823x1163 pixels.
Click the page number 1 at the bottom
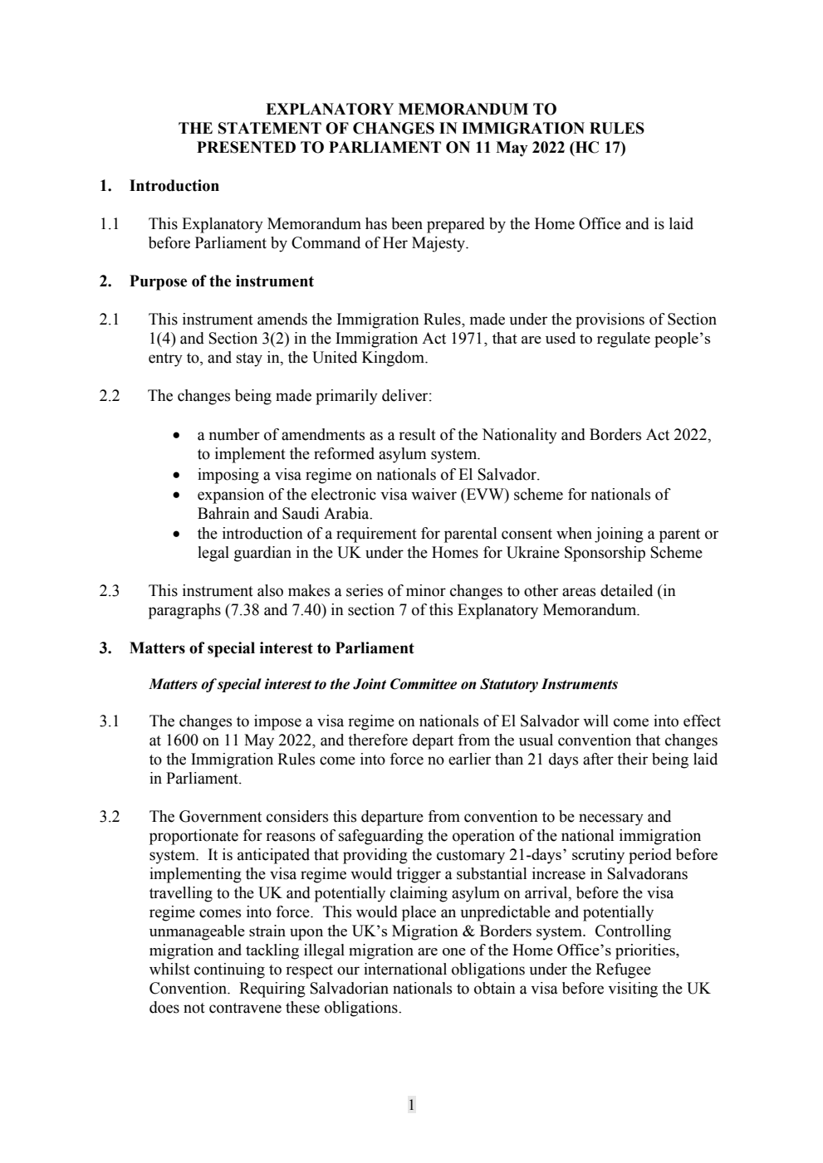pos(411,1104)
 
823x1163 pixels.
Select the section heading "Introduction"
pos(174,186)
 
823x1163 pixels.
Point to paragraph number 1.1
pos(110,224)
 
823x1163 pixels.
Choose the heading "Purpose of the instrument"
pos(221,281)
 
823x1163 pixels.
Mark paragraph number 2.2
pos(110,396)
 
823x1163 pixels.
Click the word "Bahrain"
pos(223,514)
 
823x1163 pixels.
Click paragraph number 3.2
pos(110,817)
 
